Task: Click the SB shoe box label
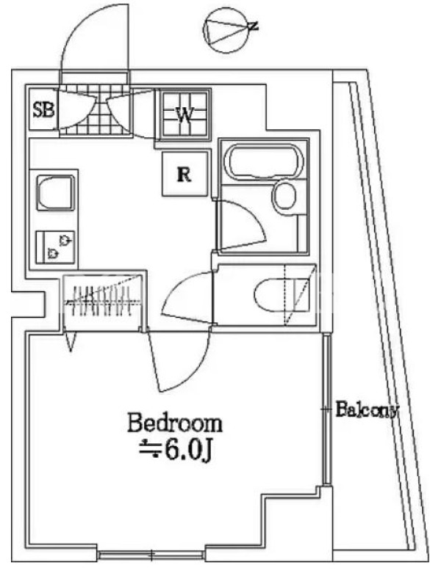pyautogui.click(x=44, y=110)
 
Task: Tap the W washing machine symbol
pyautogui.click(x=184, y=114)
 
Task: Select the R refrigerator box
pyautogui.click(x=184, y=174)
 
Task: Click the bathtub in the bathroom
pyautogui.click(x=263, y=161)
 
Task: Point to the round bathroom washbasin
pyautogui.click(x=284, y=197)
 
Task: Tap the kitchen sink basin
pyautogui.click(x=54, y=193)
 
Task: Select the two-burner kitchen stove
pyautogui.click(x=55, y=247)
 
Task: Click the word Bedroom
pyautogui.click(x=175, y=423)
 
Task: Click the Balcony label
pyautogui.click(x=366, y=410)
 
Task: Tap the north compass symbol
pyautogui.click(x=227, y=30)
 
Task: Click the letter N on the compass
pyautogui.click(x=254, y=26)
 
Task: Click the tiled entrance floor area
pyautogui.click(x=94, y=110)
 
